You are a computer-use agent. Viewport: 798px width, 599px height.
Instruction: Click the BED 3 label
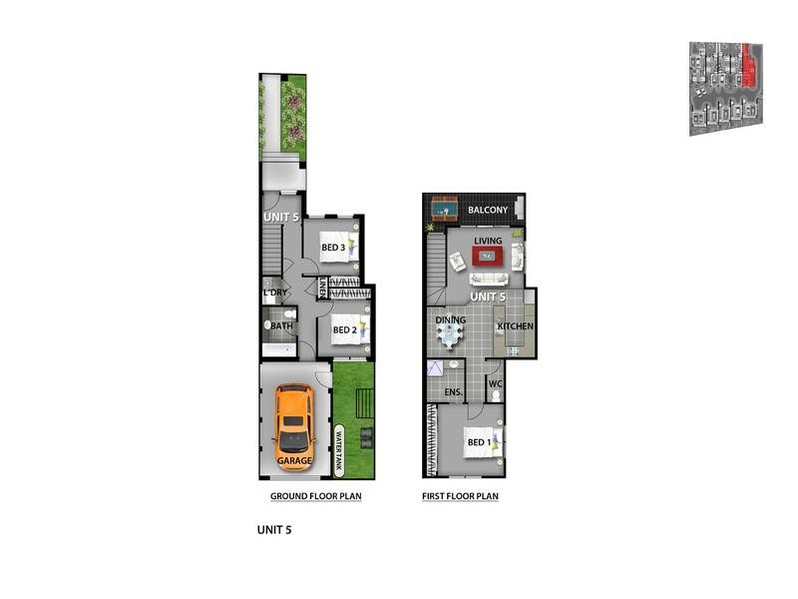click(332, 249)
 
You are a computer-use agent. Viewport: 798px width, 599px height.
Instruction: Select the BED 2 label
click(344, 330)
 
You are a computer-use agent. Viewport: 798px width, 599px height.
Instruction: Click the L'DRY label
click(275, 295)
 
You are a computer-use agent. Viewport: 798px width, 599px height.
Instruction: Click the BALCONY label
click(489, 211)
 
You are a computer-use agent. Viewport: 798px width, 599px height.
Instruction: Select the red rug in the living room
click(489, 256)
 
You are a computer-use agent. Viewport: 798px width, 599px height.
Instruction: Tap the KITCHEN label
click(516, 326)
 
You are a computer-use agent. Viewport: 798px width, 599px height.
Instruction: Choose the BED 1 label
click(478, 441)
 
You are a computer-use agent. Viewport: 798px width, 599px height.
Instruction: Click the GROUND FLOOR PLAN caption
click(315, 496)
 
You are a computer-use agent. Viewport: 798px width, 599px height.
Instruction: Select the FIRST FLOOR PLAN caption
click(461, 496)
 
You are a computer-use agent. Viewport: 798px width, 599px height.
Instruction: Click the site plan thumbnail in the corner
click(725, 88)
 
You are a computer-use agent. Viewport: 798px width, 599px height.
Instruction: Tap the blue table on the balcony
click(444, 210)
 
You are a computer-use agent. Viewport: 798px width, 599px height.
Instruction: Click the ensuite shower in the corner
click(436, 369)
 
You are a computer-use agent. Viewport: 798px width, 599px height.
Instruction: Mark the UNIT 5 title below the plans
click(273, 531)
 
